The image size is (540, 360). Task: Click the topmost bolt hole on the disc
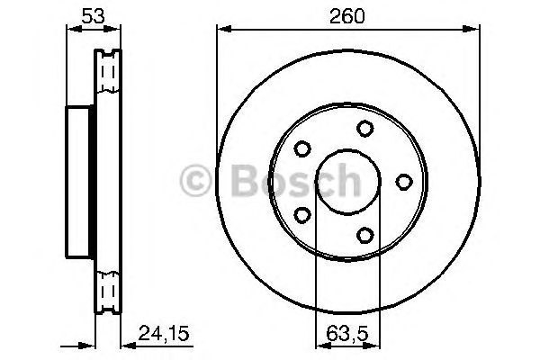(x=364, y=129)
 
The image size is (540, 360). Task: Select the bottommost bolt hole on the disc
(x=364, y=236)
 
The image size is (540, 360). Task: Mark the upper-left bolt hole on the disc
(x=302, y=149)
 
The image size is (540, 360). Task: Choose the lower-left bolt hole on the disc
(x=302, y=215)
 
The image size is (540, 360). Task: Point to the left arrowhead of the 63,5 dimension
(x=315, y=342)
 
